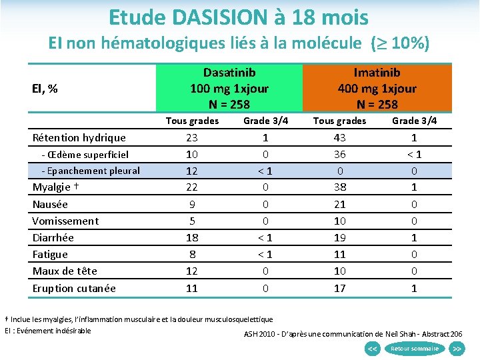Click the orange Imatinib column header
[377, 88]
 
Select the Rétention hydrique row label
[79, 138]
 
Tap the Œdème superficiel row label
[85, 155]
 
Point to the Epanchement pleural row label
[90, 171]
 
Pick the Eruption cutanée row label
[74, 288]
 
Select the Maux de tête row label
[65, 271]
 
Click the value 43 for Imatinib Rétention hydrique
[339, 138]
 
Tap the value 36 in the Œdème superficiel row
[339, 155]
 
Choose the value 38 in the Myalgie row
[339, 187]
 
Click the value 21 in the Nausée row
[339, 204]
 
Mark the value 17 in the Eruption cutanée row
[339, 288]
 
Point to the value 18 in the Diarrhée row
[192, 237]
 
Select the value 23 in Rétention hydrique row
[192, 138]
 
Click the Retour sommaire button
[414, 349]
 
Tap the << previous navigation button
[373, 349]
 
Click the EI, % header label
[45, 88]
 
